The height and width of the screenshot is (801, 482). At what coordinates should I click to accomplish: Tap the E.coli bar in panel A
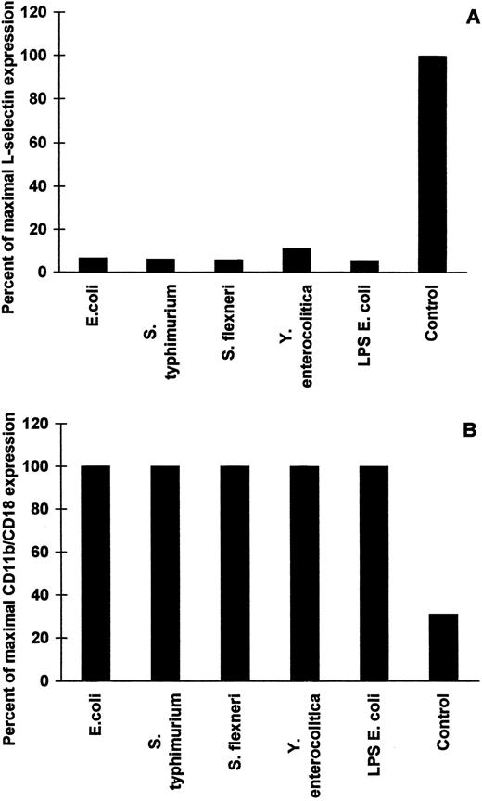[x=94, y=265]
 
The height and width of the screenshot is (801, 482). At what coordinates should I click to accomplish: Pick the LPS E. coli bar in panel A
[x=365, y=266]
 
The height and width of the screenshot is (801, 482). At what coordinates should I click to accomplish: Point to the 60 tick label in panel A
[x=42, y=143]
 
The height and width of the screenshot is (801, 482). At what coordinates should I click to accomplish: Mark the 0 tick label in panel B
[x=45, y=681]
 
